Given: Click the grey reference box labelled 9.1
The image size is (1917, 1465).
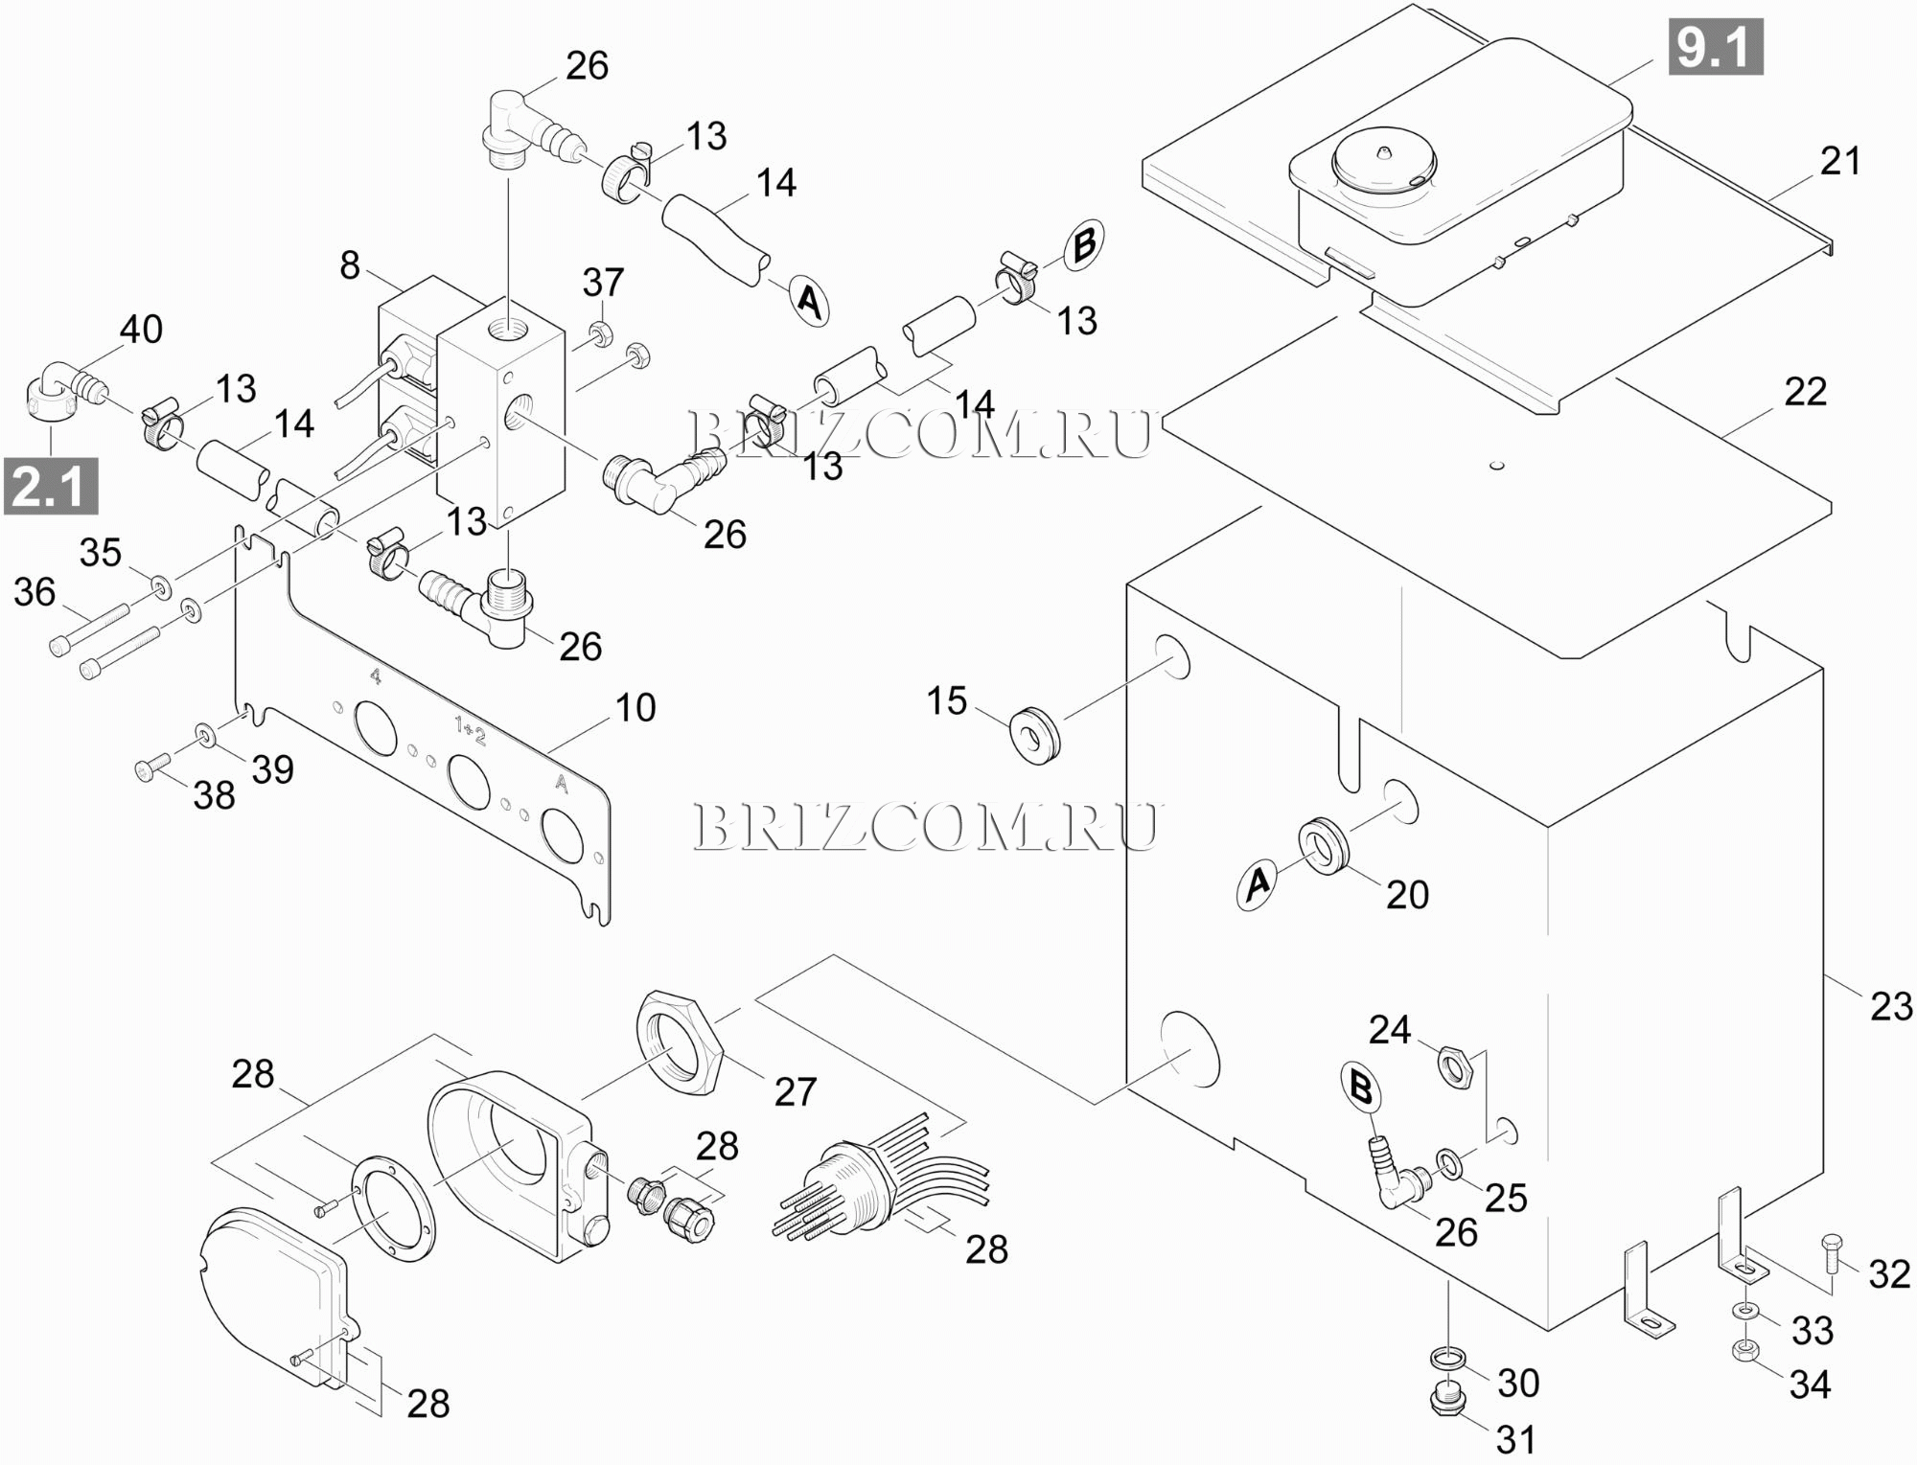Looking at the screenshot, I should [1715, 47].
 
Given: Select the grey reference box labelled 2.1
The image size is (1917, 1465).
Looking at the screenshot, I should [52, 486].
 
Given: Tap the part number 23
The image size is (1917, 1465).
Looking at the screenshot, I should [1890, 1007].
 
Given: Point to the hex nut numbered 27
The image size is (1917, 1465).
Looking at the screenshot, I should [681, 1044].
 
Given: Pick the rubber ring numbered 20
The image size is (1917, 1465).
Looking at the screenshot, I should [1322, 844].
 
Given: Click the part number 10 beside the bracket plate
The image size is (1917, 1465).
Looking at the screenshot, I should [635, 708].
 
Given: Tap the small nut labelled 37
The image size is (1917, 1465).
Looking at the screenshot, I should [601, 333].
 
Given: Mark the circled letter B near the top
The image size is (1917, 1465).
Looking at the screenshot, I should [1083, 244].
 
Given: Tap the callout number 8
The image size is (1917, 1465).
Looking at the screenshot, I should [350, 265].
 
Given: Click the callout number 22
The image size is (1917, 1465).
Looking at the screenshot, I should [1805, 392].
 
